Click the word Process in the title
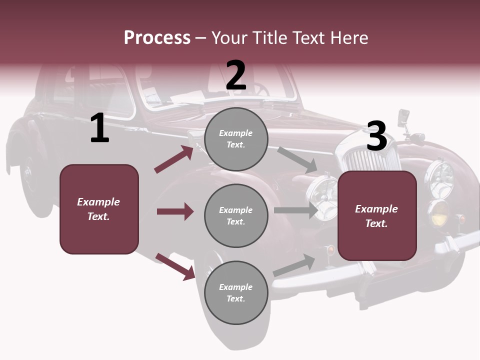(x=157, y=38)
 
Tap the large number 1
(x=99, y=128)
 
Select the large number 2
(x=236, y=75)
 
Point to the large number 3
(x=376, y=136)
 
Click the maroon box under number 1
(x=99, y=209)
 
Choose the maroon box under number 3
(x=377, y=215)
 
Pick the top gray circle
(x=236, y=139)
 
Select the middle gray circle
(x=236, y=215)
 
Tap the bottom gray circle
(x=236, y=292)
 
